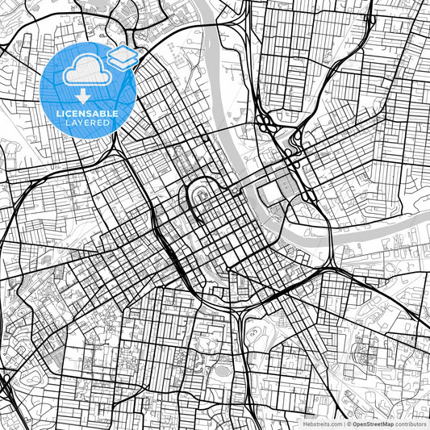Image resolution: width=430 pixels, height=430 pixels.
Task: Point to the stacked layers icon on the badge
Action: pos(122,56)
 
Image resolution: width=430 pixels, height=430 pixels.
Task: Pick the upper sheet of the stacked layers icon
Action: pos(122,52)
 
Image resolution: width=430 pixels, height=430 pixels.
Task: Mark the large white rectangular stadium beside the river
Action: pos(272,193)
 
